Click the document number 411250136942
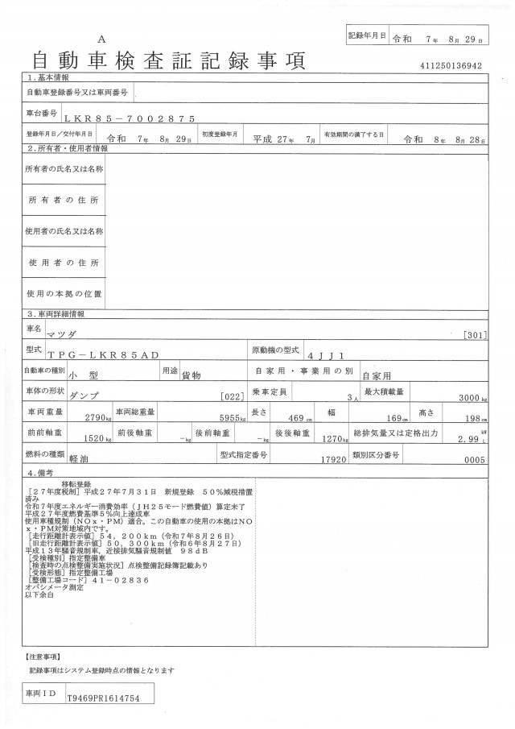[x=450, y=66]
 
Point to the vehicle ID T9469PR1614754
[x=105, y=699]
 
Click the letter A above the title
[x=101, y=39]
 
